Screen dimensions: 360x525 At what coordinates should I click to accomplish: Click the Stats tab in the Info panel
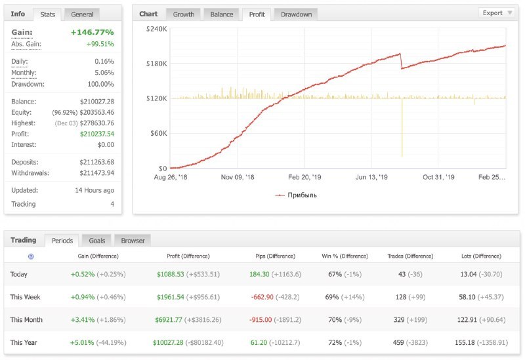pyautogui.click(x=47, y=14)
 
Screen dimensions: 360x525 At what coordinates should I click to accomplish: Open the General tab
pyautogui.click(x=82, y=14)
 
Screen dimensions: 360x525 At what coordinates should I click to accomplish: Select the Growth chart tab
pyautogui.click(x=183, y=14)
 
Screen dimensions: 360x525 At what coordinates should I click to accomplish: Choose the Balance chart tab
pyautogui.click(x=221, y=14)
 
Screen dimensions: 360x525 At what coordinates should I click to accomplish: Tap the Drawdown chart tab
pyautogui.click(x=296, y=14)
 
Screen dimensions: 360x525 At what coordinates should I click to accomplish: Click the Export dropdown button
pyautogui.click(x=497, y=12)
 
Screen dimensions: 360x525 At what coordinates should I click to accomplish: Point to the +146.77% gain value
pyautogui.click(x=92, y=32)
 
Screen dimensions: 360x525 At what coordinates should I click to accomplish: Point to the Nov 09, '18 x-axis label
pyautogui.click(x=237, y=177)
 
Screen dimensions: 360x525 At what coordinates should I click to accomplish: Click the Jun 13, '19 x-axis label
pyautogui.click(x=372, y=177)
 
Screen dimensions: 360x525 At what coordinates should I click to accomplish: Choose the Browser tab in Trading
pyautogui.click(x=132, y=240)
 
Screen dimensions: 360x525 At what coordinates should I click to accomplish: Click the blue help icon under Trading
pyautogui.click(x=31, y=256)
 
